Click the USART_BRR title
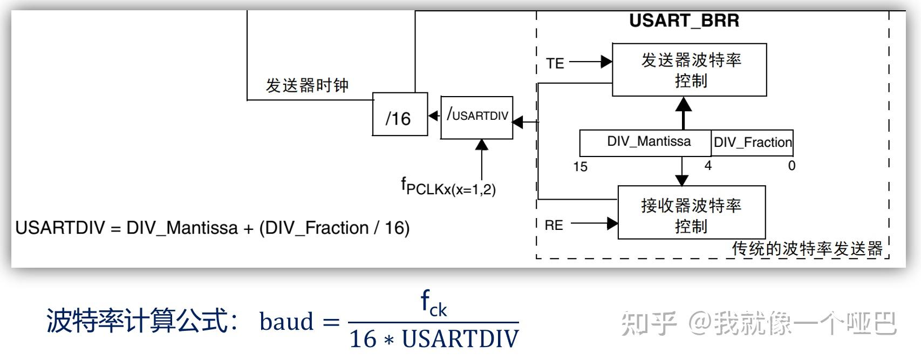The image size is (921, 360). pos(684,21)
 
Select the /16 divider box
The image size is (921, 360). pos(400,114)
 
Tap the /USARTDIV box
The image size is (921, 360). pos(477,118)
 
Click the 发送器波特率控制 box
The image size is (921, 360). pos(690,70)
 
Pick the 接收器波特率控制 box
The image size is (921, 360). pos(691,213)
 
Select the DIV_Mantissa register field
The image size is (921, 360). pos(646,142)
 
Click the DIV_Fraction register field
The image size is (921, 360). pos(752,142)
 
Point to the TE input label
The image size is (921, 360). pos(555,64)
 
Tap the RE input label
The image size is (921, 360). pos(554,225)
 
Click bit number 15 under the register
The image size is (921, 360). pos(580,167)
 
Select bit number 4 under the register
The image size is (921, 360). pos(708,166)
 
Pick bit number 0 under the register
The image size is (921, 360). pos(792,166)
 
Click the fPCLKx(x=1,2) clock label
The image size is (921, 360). pos(448,187)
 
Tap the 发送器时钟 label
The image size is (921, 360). pos(306,85)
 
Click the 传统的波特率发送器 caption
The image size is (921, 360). pos(807,249)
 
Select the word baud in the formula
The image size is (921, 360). pos(286,322)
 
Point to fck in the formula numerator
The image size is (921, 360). pos(433,304)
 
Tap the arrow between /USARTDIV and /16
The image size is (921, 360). pos(434,116)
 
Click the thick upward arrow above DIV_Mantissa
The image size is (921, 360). pos(684,113)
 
